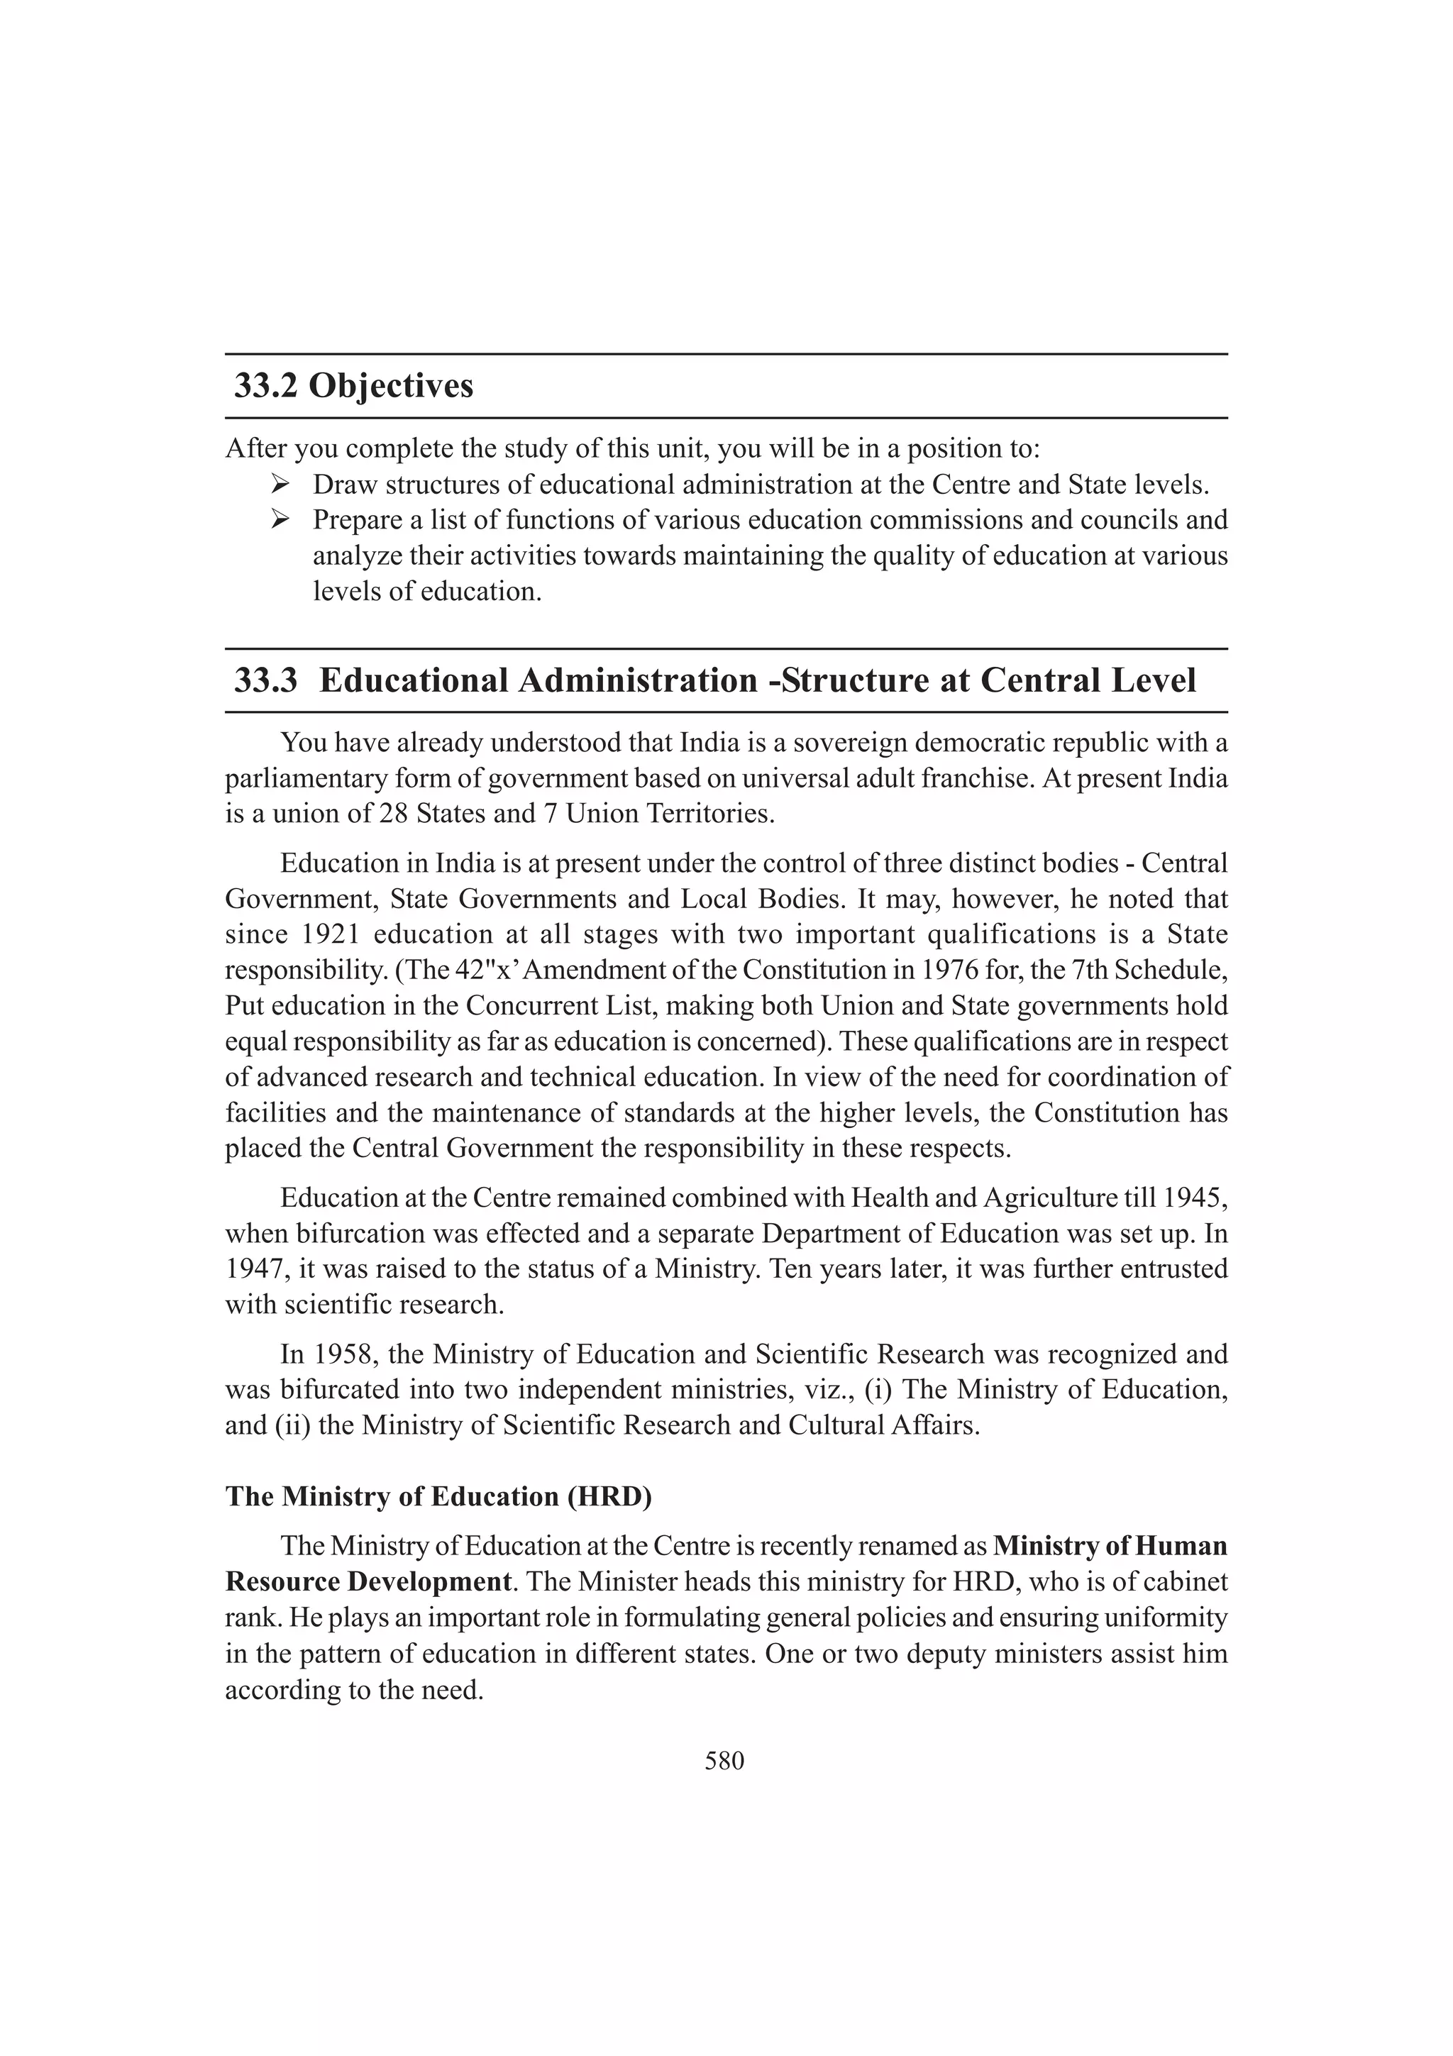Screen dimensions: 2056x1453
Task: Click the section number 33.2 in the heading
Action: (266, 386)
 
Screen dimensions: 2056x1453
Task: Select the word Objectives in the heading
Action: (391, 386)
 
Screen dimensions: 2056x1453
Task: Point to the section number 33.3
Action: (266, 680)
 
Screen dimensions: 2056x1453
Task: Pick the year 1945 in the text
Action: (1198, 1198)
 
